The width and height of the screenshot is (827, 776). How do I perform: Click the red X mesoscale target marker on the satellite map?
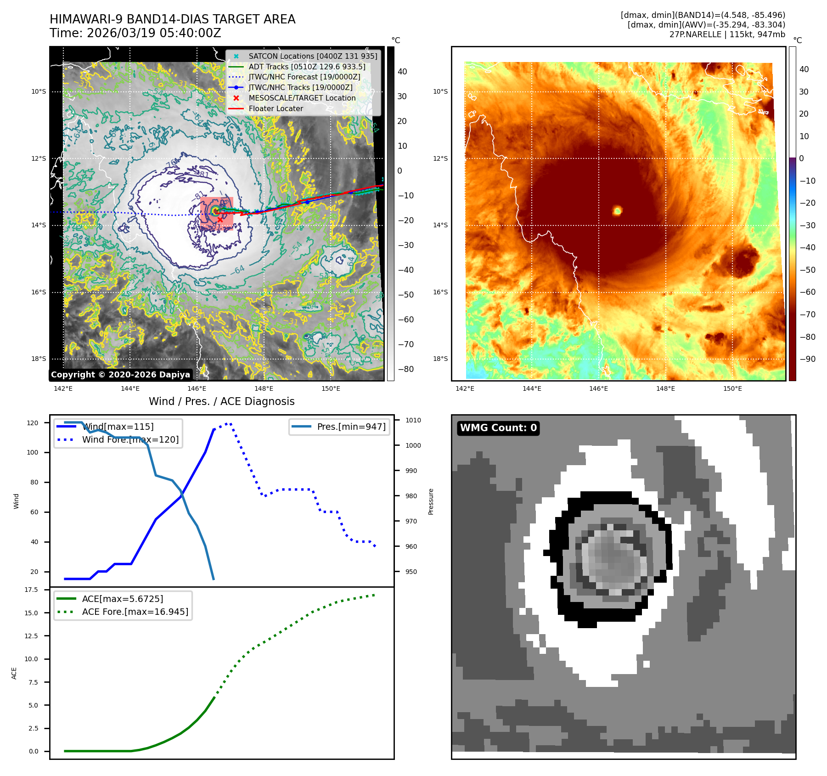tap(220, 220)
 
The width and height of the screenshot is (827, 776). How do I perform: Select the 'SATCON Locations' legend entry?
tap(312, 56)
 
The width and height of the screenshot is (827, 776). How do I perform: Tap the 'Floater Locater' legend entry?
tap(276, 109)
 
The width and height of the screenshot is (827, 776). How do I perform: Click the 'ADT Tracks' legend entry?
tap(307, 67)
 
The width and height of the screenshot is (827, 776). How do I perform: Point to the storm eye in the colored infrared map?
tap(617, 211)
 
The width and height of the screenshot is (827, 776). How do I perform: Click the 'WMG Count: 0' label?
tap(498, 428)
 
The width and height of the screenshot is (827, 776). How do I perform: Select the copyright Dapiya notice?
tap(120, 375)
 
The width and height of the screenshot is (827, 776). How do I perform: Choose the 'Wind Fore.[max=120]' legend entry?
tap(130, 439)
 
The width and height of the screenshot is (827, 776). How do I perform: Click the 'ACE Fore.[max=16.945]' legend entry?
tap(135, 612)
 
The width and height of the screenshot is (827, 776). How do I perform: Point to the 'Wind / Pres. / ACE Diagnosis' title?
tap(221, 401)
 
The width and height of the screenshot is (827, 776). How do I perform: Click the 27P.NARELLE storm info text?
tap(727, 34)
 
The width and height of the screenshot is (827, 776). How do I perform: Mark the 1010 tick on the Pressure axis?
tap(413, 420)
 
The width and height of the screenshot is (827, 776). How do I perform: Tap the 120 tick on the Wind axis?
tap(33, 423)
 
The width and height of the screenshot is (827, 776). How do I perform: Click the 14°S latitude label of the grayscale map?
tap(39, 225)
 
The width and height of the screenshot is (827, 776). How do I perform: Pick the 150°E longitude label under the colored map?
tap(732, 388)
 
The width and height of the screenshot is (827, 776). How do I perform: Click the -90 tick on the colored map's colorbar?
tap(807, 359)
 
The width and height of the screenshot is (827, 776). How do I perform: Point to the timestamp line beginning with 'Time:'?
tap(135, 33)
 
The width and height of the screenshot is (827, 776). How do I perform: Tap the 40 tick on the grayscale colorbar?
tap(402, 71)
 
